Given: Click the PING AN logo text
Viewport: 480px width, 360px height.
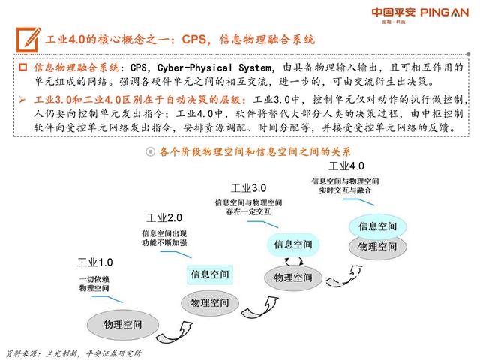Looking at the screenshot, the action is (x=445, y=13).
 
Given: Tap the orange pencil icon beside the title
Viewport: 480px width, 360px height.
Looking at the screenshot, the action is (x=28, y=40).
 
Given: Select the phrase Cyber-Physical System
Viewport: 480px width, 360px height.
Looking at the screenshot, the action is (x=214, y=67).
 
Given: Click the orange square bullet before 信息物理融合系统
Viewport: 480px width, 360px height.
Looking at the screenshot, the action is (x=23, y=67).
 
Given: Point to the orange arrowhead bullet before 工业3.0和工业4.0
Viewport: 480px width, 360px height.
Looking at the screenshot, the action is (x=22, y=99).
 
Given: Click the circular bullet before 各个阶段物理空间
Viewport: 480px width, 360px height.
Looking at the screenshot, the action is (x=150, y=151).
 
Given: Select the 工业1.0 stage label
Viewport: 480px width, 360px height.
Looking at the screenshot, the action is (x=95, y=262).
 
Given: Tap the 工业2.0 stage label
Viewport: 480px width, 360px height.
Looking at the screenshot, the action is (x=164, y=218).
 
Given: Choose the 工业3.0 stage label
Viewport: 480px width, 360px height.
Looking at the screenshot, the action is (x=248, y=188).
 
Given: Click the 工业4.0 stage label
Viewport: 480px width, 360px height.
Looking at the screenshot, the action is (x=346, y=166).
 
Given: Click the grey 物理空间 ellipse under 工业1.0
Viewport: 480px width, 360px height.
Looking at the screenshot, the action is (x=123, y=325).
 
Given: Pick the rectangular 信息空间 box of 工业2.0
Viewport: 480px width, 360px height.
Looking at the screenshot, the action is (x=210, y=274).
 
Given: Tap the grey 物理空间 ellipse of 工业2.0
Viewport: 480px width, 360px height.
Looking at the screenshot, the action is (x=210, y=303).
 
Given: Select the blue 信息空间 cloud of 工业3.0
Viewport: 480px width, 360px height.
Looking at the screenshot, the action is (x=293, y=244).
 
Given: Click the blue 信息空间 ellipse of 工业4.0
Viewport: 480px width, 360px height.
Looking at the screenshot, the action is (x=378, y=226).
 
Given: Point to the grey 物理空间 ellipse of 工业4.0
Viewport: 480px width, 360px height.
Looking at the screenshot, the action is (x=378, y=247).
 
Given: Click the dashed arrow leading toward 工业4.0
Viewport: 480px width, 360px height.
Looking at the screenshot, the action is (x=344, y=277).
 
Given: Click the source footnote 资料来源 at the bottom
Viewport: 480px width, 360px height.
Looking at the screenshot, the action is (x=73, y=353).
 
